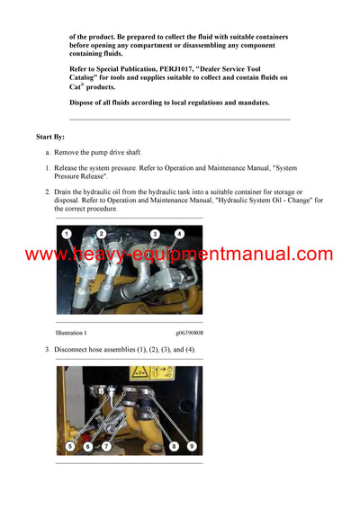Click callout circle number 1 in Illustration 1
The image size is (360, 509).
pyautogui.click(x=67, y=235)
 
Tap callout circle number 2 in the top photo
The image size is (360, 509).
pyautogui.click(x=101, y=234)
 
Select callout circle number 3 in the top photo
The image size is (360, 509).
pyautogui.click(x=155, y=234)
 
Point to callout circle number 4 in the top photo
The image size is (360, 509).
pyautogui.click(x=179, y=234)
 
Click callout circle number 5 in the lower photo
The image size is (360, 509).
pyautogui.click(x=70, y=446)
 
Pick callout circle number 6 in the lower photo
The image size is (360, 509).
pyautogui.click(x=87, y=446)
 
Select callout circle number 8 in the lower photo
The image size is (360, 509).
pyautogui.click(x=173, y=446)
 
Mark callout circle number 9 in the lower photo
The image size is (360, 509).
pyautogui.click(x=190, y=446)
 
